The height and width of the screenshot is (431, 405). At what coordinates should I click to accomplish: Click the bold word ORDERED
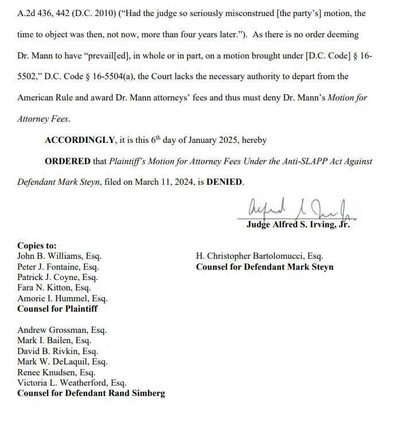68,161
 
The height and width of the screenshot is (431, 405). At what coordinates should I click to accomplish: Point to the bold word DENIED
224,182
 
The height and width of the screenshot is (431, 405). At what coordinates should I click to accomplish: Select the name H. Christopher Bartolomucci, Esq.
259,257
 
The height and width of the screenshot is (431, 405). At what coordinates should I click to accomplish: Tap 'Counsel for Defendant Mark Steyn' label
264,267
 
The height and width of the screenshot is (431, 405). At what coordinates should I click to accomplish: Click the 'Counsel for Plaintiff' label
57,309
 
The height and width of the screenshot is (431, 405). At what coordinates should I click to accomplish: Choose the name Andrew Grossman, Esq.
62,330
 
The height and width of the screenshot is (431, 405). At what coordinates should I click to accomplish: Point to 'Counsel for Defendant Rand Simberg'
91,393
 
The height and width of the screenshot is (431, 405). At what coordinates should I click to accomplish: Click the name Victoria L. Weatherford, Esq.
72,383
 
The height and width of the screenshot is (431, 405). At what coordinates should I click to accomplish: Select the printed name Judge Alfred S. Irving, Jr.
298,225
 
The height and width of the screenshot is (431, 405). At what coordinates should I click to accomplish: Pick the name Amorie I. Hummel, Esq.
63,298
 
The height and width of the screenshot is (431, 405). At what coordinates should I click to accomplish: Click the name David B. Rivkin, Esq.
57,351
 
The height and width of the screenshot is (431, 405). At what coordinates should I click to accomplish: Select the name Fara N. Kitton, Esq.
54,288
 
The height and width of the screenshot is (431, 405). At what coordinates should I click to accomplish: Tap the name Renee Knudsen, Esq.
56,372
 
